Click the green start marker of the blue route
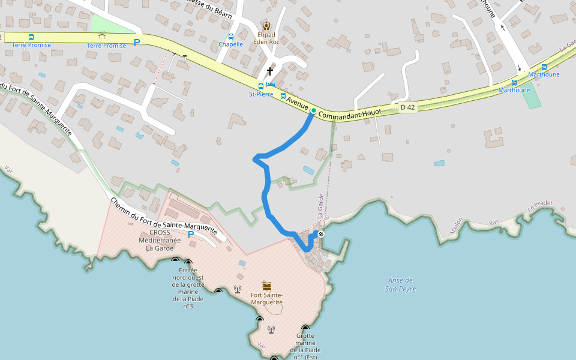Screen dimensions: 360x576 pos(313,110)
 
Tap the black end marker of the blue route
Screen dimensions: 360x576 pos(321,234)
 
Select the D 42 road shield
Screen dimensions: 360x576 pos(407,107)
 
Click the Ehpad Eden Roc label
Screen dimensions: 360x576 pos(266,38)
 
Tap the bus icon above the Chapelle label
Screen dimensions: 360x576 pos(231,37)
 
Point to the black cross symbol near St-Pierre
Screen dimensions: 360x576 pos(270,71)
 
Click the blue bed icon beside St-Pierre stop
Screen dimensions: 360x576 pos(271,85)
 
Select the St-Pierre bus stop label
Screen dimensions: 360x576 pos(261,94)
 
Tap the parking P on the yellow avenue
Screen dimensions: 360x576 pos(137,43)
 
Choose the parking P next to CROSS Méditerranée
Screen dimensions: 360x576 pos(191,235)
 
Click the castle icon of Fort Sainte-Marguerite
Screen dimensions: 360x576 pos(266,285)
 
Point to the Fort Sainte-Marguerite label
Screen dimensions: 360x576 pos(266,299)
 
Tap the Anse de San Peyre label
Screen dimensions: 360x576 pos(400,284)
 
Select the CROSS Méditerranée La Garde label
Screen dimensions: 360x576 pos(160,240)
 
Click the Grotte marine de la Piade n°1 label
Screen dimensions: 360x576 pos(305,347)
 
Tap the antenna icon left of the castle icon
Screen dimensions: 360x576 pos(238,290)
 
